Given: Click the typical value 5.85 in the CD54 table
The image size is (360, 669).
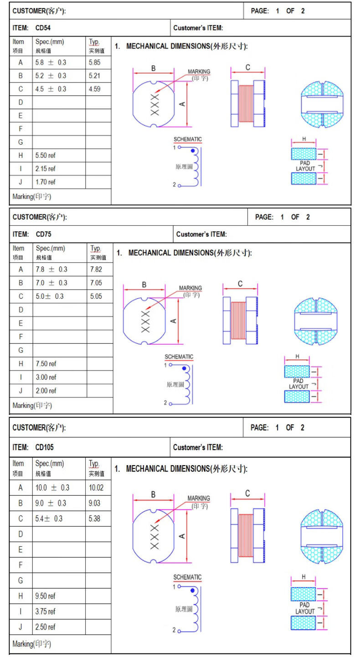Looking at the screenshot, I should [94, 62].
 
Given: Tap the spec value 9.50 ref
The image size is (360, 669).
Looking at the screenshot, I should [46, 596].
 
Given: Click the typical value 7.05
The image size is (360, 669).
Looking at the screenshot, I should [96, 283].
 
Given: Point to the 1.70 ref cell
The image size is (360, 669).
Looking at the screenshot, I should [45, 182].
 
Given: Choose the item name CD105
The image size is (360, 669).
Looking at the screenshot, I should [44, 447].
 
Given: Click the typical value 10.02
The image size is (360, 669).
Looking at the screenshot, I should [96, 487].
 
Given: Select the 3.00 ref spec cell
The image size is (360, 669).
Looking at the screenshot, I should [46, 377].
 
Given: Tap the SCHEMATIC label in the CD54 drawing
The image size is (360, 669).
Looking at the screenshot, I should [187, 139].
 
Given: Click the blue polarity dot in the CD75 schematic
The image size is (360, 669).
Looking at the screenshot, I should [184, 368].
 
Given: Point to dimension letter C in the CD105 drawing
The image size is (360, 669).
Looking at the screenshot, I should [247, 493].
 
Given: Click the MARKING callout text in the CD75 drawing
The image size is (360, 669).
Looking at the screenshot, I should [190, 288].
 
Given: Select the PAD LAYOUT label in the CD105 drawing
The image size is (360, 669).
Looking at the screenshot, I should [305, 608].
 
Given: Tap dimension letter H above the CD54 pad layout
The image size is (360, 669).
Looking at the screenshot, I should [303, 139].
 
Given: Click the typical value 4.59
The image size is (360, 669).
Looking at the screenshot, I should [94, 89].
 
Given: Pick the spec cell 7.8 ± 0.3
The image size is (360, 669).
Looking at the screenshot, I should [51, 269].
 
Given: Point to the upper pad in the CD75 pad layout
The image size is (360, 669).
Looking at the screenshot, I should [297, 371].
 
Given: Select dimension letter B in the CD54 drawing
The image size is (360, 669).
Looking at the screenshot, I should [154, 68].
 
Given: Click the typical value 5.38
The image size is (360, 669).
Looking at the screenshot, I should [94, 519].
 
